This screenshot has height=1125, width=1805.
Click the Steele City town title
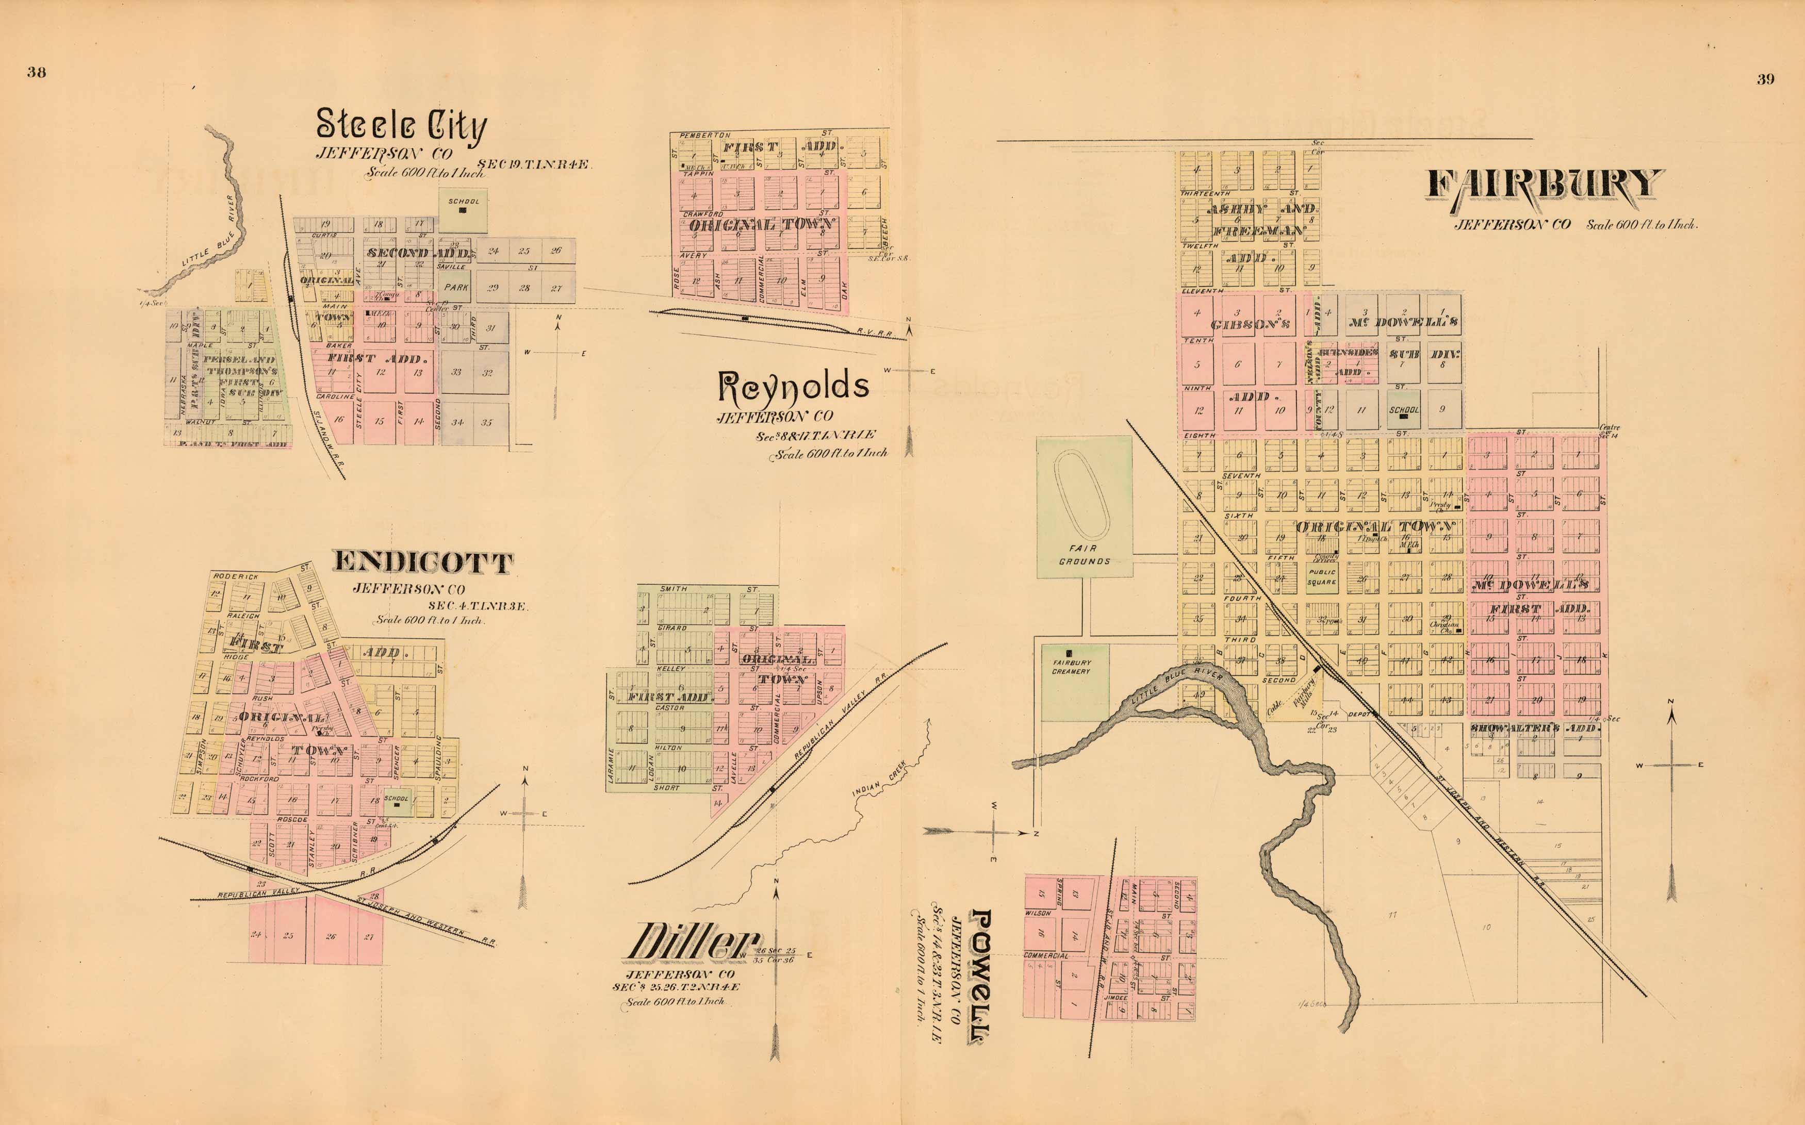[402, 125]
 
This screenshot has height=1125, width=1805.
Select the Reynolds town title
[793, 386]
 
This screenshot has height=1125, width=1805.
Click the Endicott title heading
[422, 562]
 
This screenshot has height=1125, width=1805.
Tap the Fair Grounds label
[1084, 554]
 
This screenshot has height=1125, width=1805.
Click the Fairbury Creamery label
[1071, 667]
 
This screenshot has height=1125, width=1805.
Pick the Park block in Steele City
[456, 287]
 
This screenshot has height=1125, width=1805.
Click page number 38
[37, 72]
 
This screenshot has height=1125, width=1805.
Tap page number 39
[1766, 79]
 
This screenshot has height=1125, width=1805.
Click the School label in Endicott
[396, 799]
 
